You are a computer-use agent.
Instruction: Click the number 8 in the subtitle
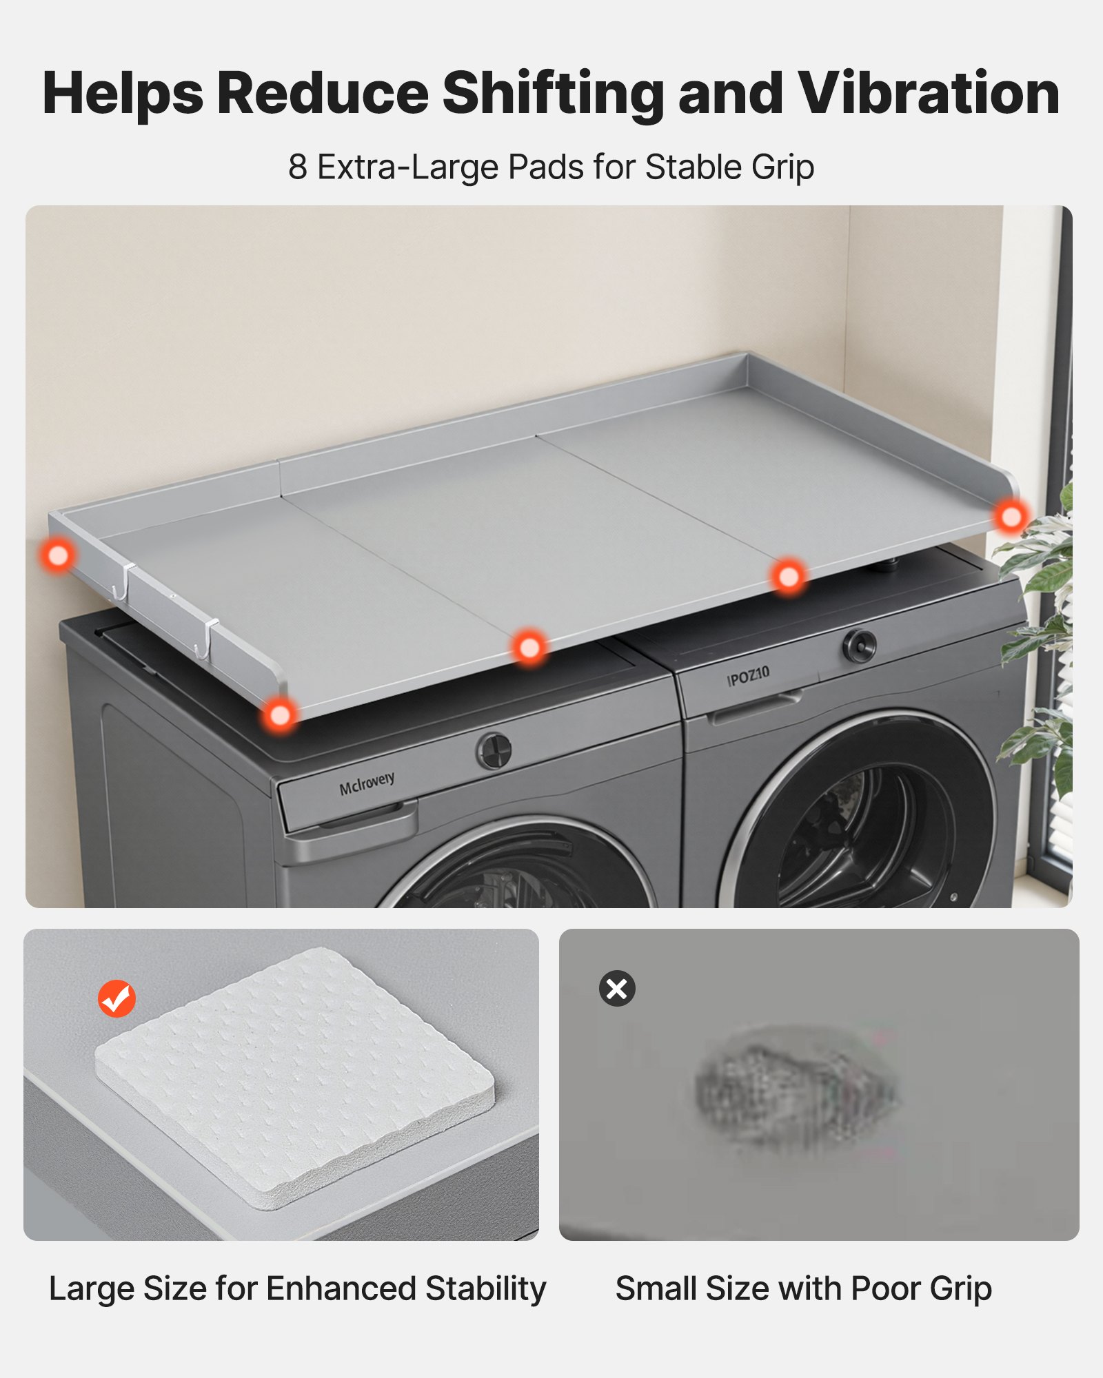click(297, 167)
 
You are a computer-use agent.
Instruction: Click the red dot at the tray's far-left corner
click(58, 555)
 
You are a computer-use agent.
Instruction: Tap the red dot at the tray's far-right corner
click(1011, 516)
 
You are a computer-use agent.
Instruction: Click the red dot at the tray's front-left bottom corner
click(280, 715)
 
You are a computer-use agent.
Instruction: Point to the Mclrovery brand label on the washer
click(367, 783)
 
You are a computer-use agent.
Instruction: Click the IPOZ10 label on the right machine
click(748, 676)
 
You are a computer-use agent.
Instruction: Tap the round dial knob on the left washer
click(494, 750)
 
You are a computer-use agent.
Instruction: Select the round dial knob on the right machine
click(859, 646)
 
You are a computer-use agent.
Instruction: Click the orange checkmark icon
click(117, 998)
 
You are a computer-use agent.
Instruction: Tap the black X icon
click(617, 989)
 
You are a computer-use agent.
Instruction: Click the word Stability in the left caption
click(485, 1289)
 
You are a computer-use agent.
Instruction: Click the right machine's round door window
click(862, 827)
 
